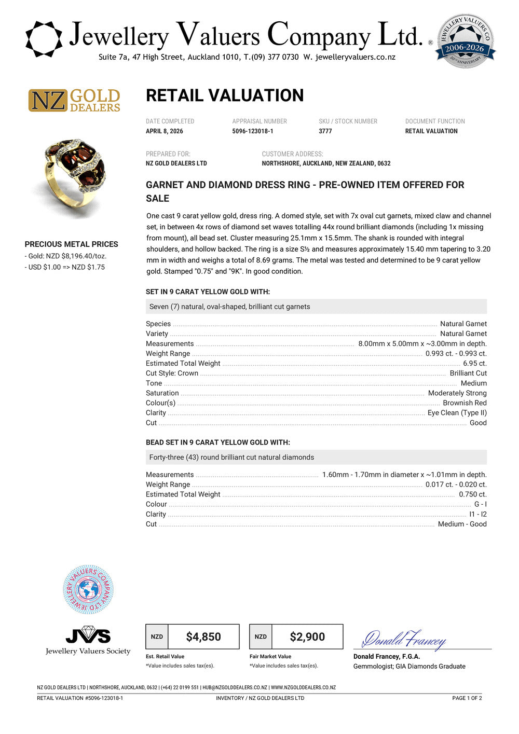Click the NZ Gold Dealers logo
pyautogui.click(x=74, y=100)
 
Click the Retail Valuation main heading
pyautogui.click(x=225, y=95)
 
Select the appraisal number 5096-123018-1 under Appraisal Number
pyautogui.click(x=253, y=131)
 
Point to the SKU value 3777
pyautogui.click(x=325, y=131)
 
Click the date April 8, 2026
pyautogui.click(x=165, y=131)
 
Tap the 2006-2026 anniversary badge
pyautogui.click(x=466, y=41)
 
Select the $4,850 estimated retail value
pyautogui.click(x=203, y=636)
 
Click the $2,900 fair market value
pyautogui.click(x=307, y=636)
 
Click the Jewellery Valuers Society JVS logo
pyautogui.click(x=88, y=640)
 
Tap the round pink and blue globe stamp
pyautogui.click(x=88, y=590)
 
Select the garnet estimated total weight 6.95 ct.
pyautogui.click(x=474, y=363)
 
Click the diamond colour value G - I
pyautogui.click(x=480, y=504)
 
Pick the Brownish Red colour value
pyautogui.click(x=465, y=403)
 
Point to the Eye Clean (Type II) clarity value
pyautogui.click(x=457, y=413)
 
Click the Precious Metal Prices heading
pyautogui.click(x=72, y=244)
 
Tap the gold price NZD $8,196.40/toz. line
pyautogui.click(x=65, y=256)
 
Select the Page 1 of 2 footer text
pyautogui.click(x=467, y=698)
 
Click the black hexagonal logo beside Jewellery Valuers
pyautogui.click(x=44, y=39)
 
